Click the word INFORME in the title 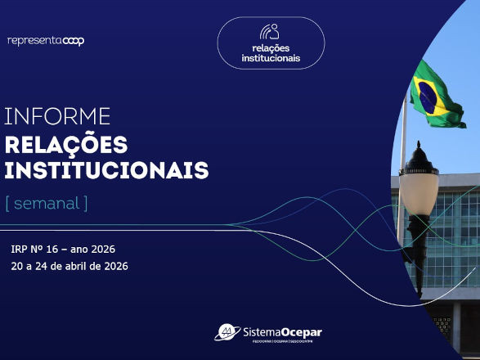tap(57, 116)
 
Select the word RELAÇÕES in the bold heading tap(66, 145)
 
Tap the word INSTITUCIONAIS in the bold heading tap(106, 171)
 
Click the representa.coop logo tap(46, 40)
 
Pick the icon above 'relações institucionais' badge tap(270, 31)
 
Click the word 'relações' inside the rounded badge tap(271, 48)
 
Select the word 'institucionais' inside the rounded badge tap(271, 59)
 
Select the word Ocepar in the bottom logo tap(303, 331)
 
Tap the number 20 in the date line tap(16, 266)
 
